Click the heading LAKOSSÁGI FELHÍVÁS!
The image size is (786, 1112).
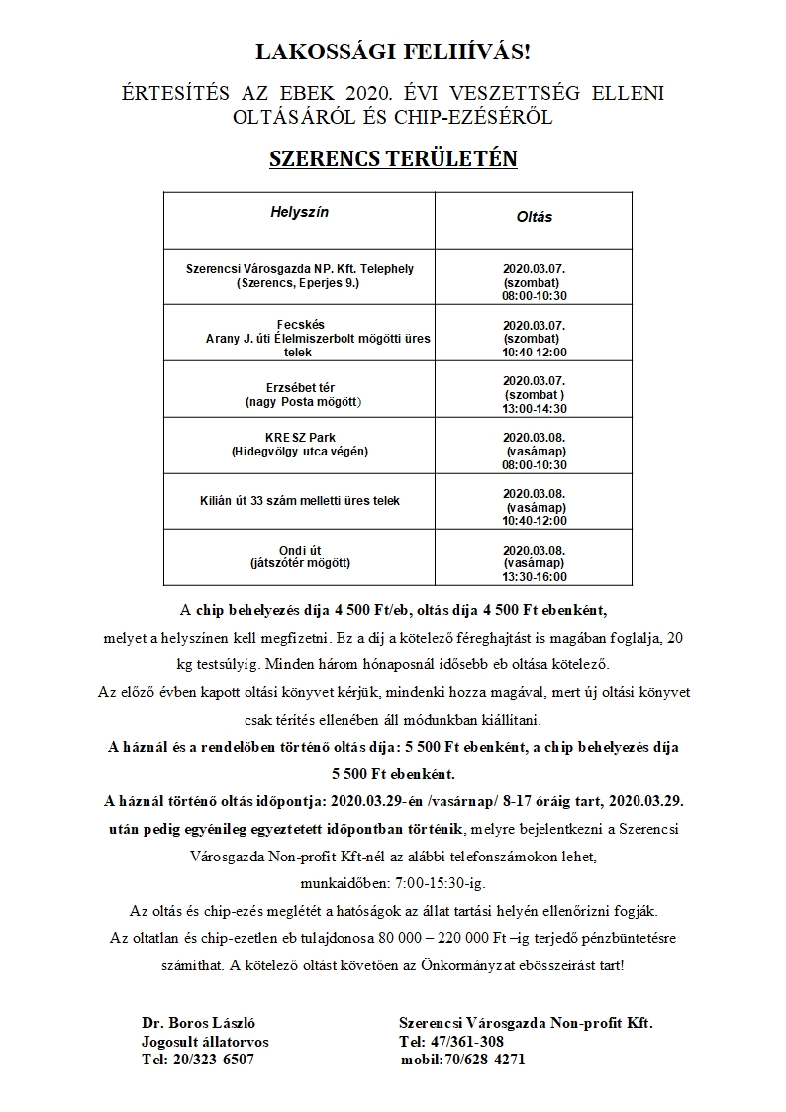pyautogui.click(x=393, y=52)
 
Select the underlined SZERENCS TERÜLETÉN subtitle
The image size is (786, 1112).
pyautogui.click(x=393, y=158)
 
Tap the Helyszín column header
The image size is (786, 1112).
pyautogui.click(x=299, y=213)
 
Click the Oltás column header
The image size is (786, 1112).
pyautogui.click(x=535, y=217)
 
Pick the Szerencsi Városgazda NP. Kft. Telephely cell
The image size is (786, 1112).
pyautogui.click(x=299, y=276)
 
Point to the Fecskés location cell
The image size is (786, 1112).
pyautogui.click(x=299, y=338)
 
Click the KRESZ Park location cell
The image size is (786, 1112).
pyautogui.click(x=299, y=445)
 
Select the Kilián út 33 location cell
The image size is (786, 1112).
pyautogui.click(x=299, y=501)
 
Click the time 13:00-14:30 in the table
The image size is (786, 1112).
pyautogui.click(x=535, y=407)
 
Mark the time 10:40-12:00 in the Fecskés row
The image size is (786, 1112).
pyautogui.click(x=535, y=351)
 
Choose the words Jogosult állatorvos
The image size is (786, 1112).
pyautogui.click(x=205, y=1041)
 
